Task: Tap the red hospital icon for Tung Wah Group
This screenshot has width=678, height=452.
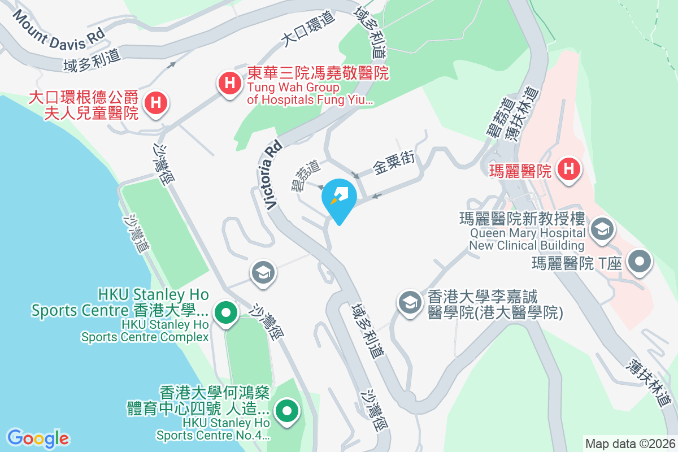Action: click(229, 84)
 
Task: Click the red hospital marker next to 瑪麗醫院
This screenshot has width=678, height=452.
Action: click(569, 169)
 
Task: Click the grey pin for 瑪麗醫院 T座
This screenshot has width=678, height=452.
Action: click(641, 262)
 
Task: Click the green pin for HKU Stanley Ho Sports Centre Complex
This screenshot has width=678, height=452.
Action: click(225, 311)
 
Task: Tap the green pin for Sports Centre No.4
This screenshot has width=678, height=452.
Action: click(287, 410)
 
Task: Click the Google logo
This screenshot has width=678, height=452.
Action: click(38, 438)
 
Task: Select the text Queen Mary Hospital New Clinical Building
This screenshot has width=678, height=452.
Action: click(527, 239)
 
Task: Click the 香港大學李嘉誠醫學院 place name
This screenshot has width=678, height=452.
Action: click(494, 305)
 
